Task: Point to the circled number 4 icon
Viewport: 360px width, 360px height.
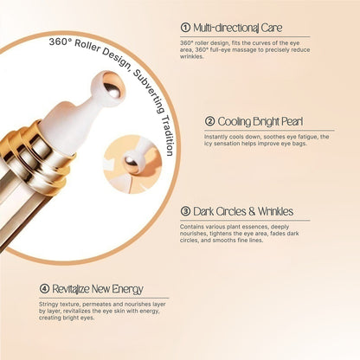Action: (44, 288)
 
